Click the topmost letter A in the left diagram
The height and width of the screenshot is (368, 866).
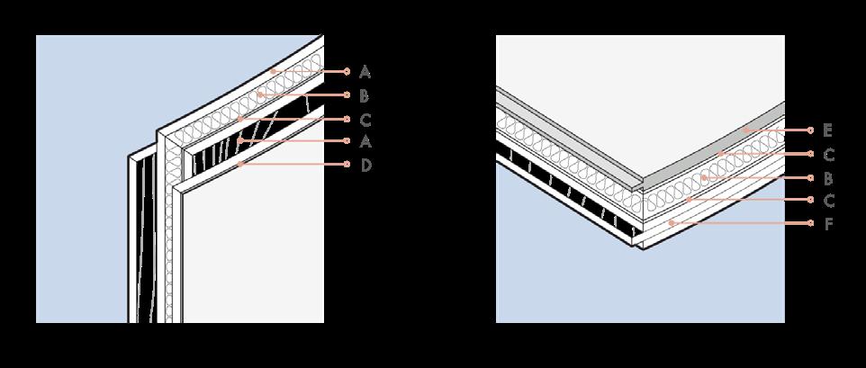(x=365, y=70)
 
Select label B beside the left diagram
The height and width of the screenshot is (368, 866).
(x=365, y=94)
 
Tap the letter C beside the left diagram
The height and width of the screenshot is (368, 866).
(x=365, y=118)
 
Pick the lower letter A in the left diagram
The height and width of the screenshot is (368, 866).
(x=365, y=141)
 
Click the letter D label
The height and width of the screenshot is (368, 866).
(x=365, y=166)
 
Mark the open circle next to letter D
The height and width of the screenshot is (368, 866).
(x=347, y=166)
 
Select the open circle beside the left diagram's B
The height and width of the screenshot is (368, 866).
(x=347, y=94)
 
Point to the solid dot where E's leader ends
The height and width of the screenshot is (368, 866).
(x=745, y=130)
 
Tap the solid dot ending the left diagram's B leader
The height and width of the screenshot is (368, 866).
(x=260, y=94)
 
